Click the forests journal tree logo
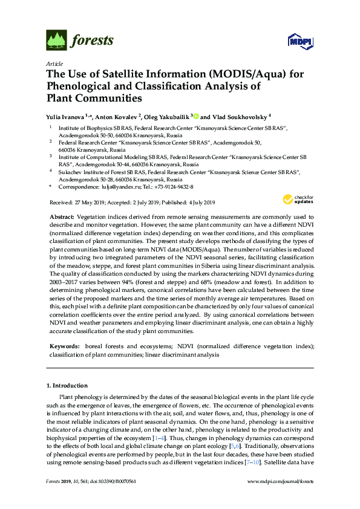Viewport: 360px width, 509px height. pyautogui.click(x=56, y=41)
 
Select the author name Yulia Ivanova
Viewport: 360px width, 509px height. pyautogui.click(x=67, y=116)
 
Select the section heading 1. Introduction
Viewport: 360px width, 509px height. pyautogui.click(x=67, y=385)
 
